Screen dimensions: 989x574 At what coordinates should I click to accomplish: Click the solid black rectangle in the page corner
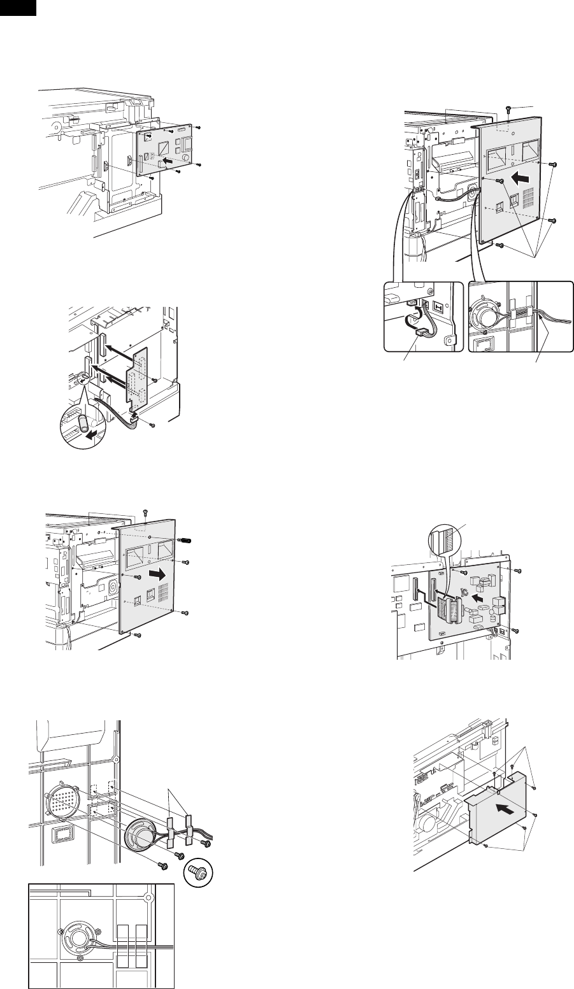pyautogui.click(x=18, y=7)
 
